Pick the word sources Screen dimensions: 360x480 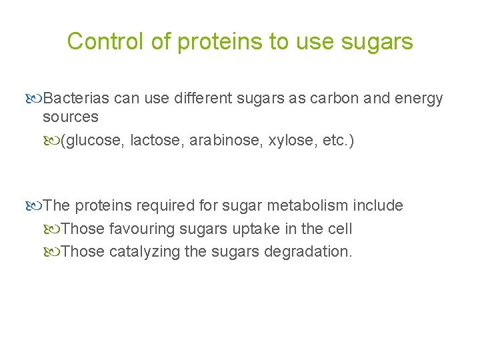coord(70,117)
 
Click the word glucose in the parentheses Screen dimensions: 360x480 coord(94,140)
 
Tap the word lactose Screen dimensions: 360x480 coord(158,140)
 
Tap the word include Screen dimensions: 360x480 coord(378,205)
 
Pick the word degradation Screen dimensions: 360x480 coord(307,252)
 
